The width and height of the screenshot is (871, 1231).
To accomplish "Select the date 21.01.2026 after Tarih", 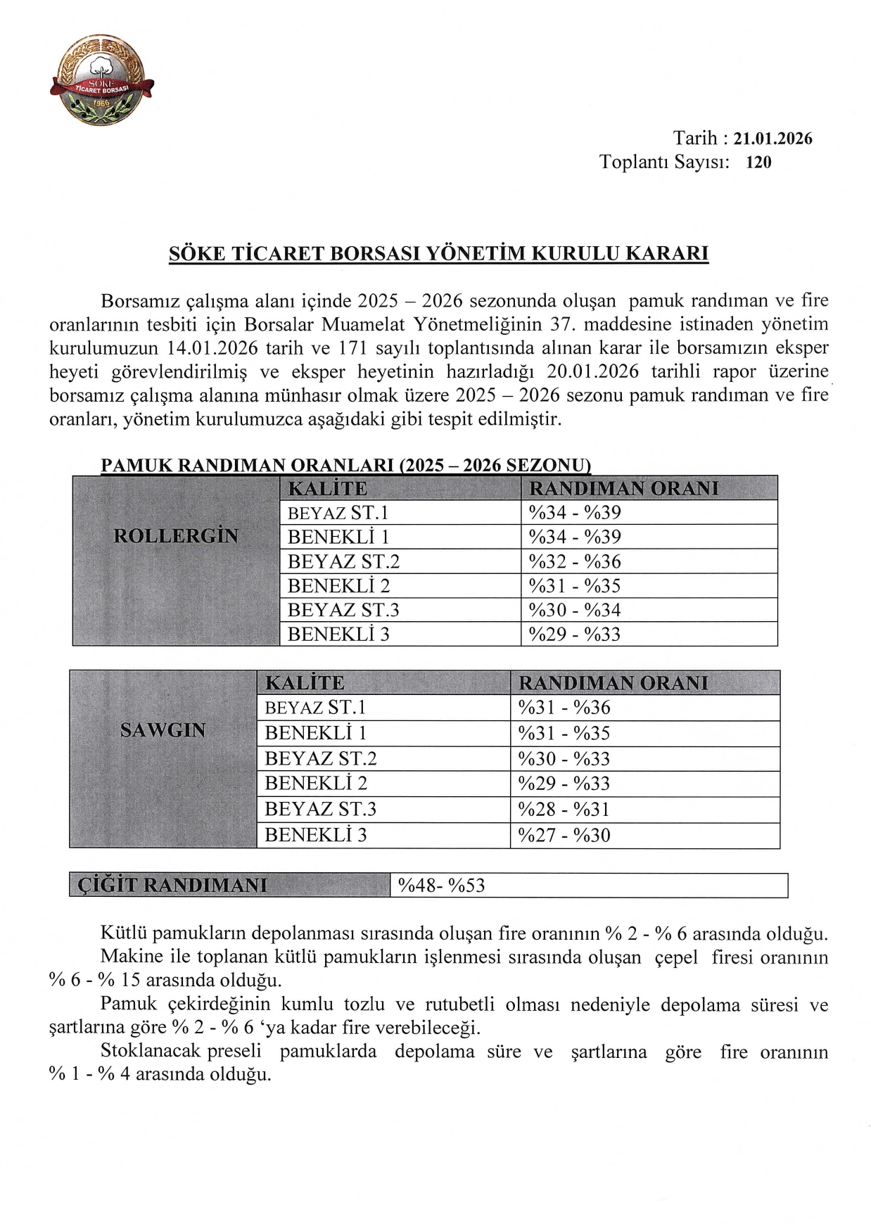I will pos(773,139).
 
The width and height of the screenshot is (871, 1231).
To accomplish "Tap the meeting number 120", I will pos(758,162).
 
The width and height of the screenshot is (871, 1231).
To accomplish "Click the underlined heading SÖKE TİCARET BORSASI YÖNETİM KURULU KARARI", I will pos(438,253).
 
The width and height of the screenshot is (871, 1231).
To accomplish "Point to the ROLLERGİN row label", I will pos(176,536).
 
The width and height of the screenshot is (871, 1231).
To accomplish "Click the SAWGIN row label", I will pos(163,730).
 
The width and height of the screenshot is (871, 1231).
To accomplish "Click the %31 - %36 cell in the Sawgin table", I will pos(564,708).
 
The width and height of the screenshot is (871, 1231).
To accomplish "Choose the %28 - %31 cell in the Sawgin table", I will pos(564,809).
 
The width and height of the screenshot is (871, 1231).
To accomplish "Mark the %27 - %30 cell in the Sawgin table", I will pos(564,835).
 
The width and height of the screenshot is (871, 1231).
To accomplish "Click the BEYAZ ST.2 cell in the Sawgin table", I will pos(321,758).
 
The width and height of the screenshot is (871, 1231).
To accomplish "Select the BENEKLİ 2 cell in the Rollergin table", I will pos(338,586).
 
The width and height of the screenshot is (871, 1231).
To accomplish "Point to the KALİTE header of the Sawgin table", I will pos(305,683).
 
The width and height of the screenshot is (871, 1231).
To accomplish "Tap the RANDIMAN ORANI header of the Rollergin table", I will pos(624,488).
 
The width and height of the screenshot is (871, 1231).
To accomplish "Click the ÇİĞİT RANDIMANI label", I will pos(173,885).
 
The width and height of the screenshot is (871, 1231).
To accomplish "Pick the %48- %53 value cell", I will pos(442,885).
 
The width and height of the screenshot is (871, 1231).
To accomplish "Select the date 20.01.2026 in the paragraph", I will pos(592,371).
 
